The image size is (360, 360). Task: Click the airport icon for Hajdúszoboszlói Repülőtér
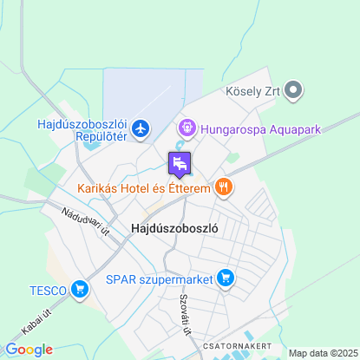click(x=141, y=130)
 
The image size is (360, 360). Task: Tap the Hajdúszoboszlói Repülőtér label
click(x=82, y=130)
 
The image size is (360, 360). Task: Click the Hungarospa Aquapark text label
click(x=260, y=129)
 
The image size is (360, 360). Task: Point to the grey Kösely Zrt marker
click(x=293, y=88)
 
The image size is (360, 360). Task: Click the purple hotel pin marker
click(x=180, y=163)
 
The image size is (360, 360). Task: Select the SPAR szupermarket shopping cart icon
click(x=226, y=278)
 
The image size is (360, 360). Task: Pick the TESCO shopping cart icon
click(x=80, y=289)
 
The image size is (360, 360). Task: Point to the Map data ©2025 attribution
click(x=322, y=353)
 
